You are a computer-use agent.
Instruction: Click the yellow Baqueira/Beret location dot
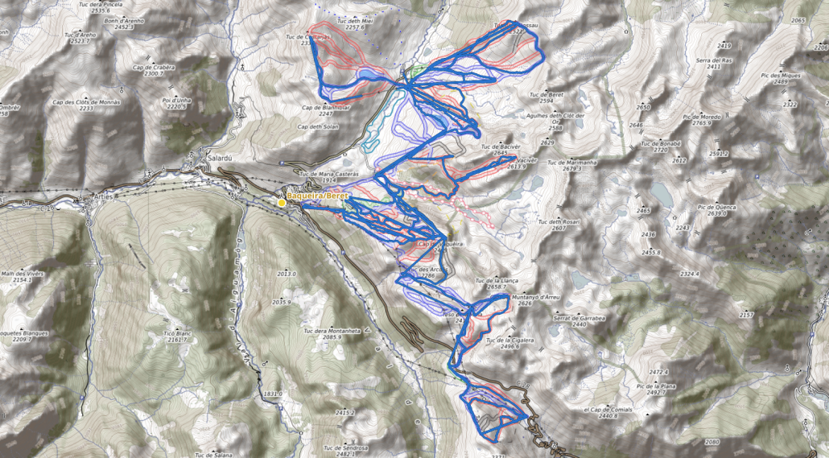click(x=282, y=202)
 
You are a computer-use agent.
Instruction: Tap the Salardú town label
click(x=219, y=159)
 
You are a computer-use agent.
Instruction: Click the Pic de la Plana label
click(x=655, y=386)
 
